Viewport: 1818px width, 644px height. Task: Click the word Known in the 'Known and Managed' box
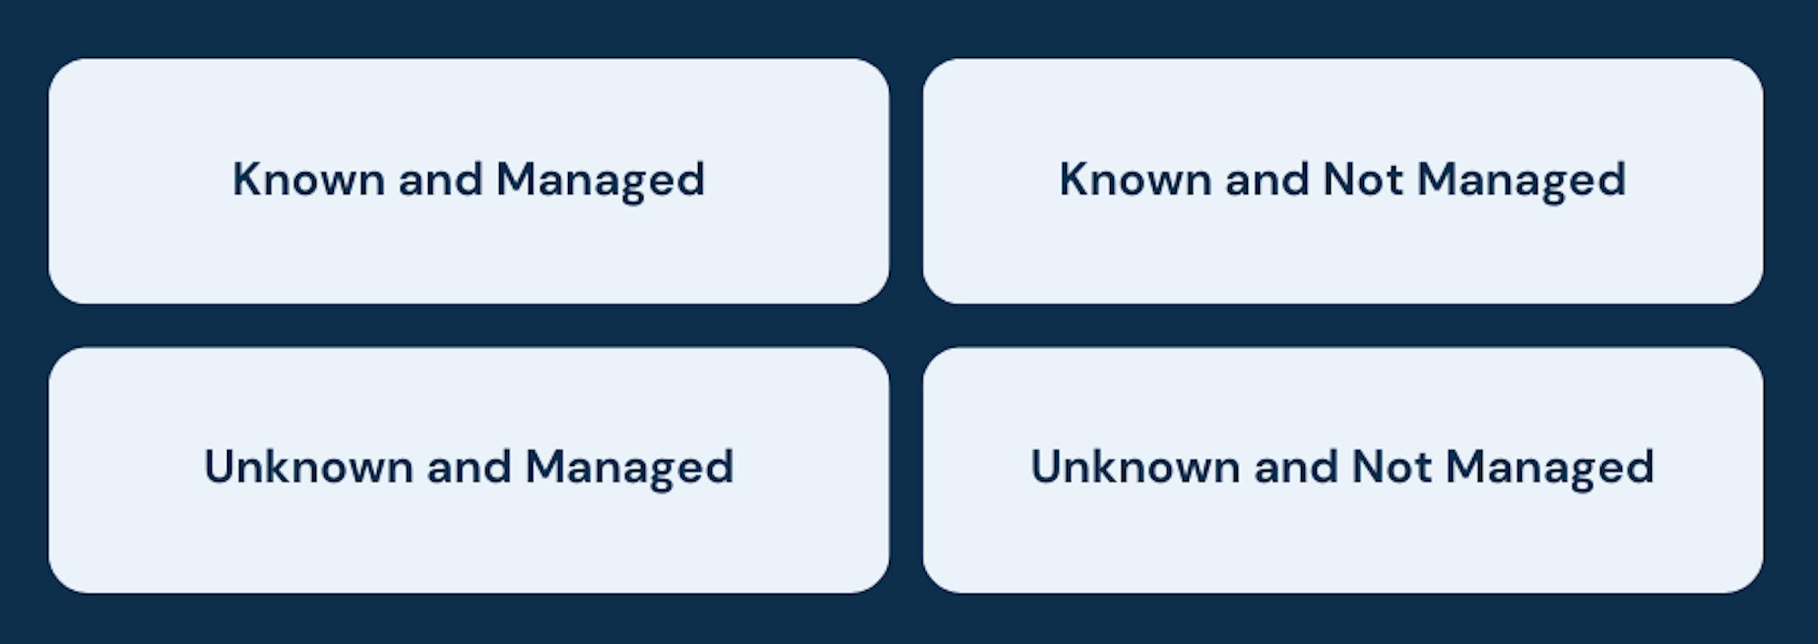pos(309,179)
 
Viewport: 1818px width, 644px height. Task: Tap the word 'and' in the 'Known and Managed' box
pos(440,179)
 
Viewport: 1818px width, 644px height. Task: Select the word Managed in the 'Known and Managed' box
pos(600,182)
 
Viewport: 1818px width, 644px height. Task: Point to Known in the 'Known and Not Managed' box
pos(1136,179)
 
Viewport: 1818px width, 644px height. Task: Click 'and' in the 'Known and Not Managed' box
pos(1267,179)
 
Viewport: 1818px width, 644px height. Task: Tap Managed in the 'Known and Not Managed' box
pos(1521,182)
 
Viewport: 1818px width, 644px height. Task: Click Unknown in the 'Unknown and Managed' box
pos(309,466)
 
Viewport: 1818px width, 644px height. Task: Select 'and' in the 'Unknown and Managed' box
pos(469,466)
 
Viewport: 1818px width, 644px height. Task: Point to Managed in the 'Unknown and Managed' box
pos(629,469)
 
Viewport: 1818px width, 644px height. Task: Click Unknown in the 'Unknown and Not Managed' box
pos(1136,466)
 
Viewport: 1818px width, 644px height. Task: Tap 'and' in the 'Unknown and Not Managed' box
pos(1295,466)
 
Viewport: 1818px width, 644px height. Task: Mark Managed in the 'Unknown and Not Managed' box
pos(1550,469)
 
